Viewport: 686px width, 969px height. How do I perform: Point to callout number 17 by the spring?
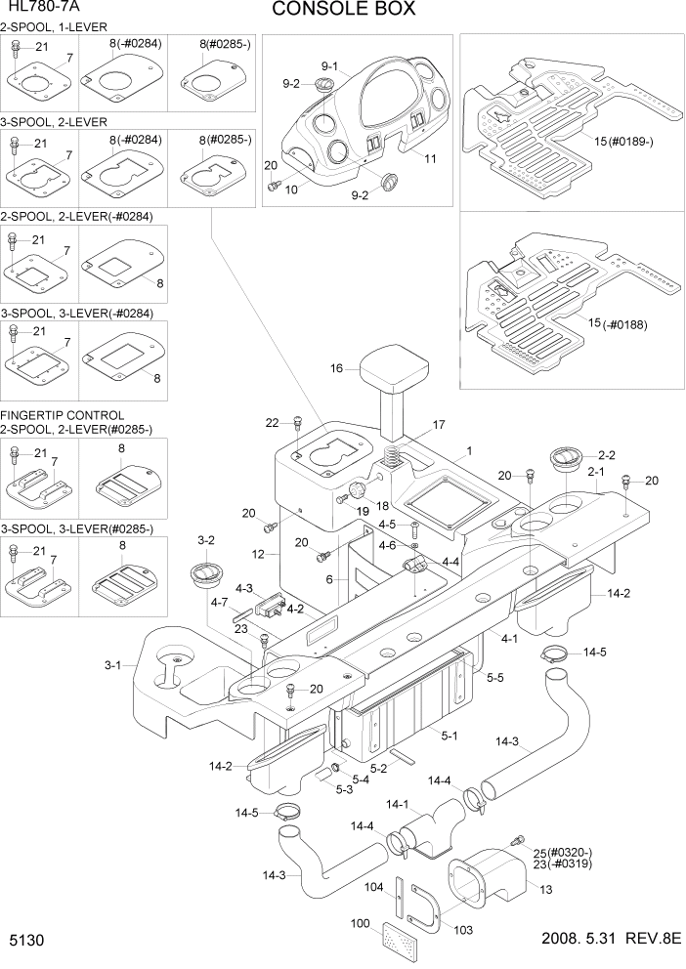(x=439, y=425)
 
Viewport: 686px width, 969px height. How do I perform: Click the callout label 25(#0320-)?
(x=563, y=852)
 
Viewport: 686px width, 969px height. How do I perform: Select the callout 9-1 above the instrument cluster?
(x=328, y=65)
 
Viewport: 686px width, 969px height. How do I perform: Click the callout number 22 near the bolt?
(x=272, y=422)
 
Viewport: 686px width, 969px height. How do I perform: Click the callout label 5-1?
(x=450, y=736)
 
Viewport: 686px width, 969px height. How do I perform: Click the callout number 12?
(x=259, y=554)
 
